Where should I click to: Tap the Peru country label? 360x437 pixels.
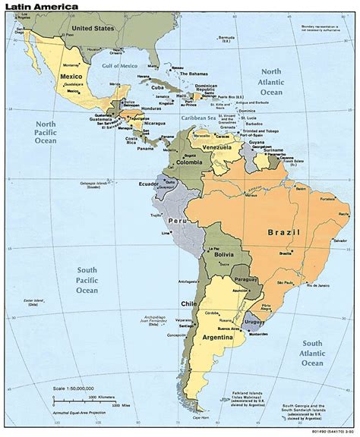178,221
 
